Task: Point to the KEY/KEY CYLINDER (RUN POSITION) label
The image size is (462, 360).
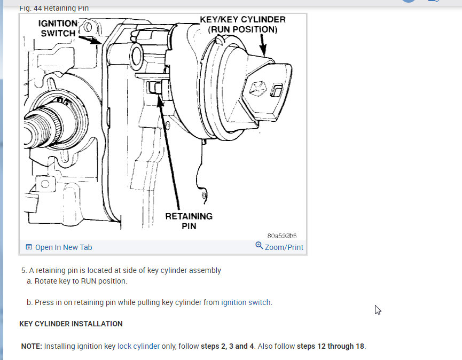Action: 242,25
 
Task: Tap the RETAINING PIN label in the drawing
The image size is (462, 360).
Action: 189,221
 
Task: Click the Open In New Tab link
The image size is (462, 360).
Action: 64,247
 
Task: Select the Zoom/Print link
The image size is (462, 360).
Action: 284,247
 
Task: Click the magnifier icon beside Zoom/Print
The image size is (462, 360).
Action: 259,246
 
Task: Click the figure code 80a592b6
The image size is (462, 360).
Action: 281,236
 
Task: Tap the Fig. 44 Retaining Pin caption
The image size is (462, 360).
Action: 54,8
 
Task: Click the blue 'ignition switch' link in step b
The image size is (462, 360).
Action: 246,302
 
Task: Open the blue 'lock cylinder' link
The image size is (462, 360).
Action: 138,346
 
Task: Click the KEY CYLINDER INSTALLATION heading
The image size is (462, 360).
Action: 71,324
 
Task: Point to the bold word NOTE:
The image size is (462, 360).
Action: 32,346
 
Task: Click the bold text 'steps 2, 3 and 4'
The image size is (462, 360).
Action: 224,346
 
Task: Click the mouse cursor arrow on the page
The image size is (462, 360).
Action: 378,309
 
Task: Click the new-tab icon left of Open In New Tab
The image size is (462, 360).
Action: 29,247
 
